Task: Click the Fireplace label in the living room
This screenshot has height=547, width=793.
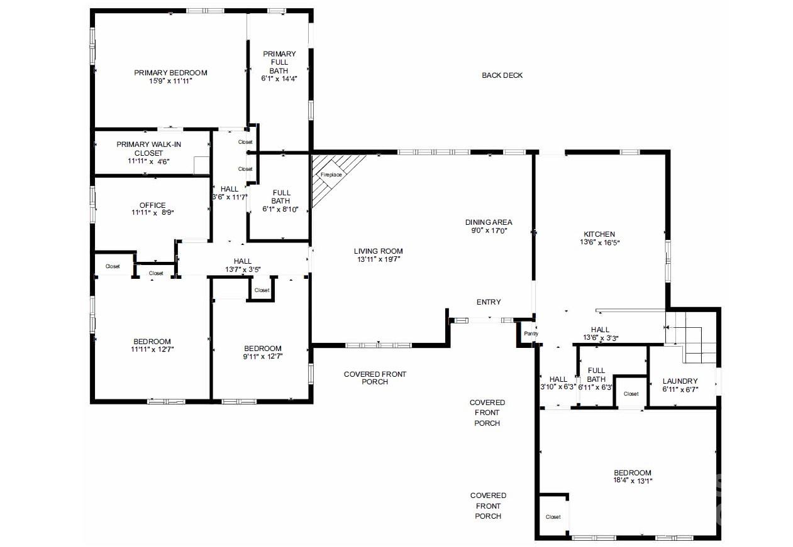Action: click(331, 175)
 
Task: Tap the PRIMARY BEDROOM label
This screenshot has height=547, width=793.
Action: click(170, 73)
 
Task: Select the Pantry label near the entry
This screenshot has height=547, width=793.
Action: click(531, 333)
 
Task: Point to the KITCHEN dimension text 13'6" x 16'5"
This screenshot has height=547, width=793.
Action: click(600, 242)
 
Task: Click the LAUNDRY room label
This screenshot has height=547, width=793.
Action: click(680, 381)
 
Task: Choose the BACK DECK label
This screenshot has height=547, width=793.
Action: click(502, 75)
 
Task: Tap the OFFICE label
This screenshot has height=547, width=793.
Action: click(153, 205)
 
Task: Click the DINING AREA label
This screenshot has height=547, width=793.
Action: click(489, 222)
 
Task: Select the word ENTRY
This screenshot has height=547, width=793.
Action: click(489, 302)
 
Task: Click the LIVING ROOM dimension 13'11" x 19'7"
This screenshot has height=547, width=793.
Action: click(379, 259)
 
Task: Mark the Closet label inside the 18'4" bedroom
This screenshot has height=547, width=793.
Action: click(553, 517)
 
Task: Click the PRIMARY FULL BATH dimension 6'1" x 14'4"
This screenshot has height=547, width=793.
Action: click(279, 79)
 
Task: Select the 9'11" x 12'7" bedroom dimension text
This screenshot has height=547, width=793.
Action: click(263, 357)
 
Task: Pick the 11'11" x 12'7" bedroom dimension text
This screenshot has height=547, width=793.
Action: click(152, 349)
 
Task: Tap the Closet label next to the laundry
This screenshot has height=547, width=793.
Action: click(631, 394)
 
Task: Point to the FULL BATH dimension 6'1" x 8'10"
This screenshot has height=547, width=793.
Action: click(280, 209)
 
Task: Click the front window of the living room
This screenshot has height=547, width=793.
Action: click(379, 345)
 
